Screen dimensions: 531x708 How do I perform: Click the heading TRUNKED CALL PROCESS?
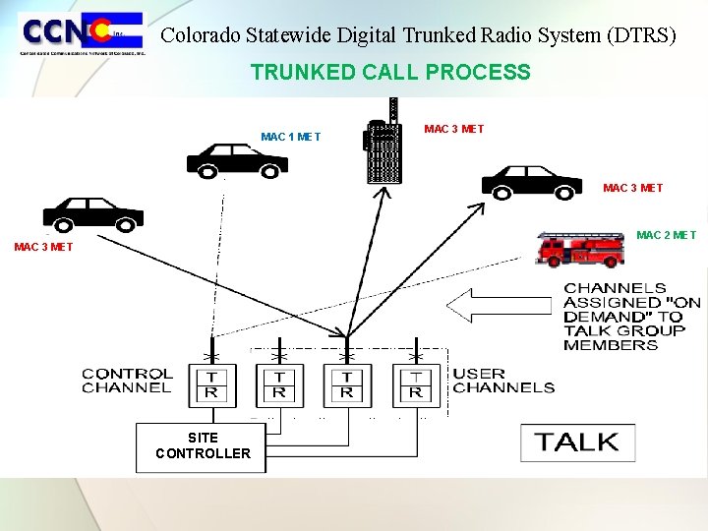point(390,72)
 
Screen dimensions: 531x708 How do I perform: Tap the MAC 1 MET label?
point(290,137)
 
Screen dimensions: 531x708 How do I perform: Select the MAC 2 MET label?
point(666,235)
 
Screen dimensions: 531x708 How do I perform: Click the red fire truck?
point(581,249)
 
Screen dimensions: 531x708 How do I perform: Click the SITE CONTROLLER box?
point(201,446)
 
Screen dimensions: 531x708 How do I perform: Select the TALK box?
point(577,442)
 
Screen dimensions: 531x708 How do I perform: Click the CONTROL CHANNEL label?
point(127,381)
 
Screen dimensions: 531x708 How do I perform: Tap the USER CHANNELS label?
point(502,381)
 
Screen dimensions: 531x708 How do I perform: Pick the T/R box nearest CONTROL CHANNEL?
point(211,384)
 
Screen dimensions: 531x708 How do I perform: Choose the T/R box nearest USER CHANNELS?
point(416,384)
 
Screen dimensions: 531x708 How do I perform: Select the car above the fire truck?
point(532,181)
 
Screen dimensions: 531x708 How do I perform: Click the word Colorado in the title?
point(197,35)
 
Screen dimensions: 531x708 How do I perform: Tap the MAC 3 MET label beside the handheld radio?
point(453,129)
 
